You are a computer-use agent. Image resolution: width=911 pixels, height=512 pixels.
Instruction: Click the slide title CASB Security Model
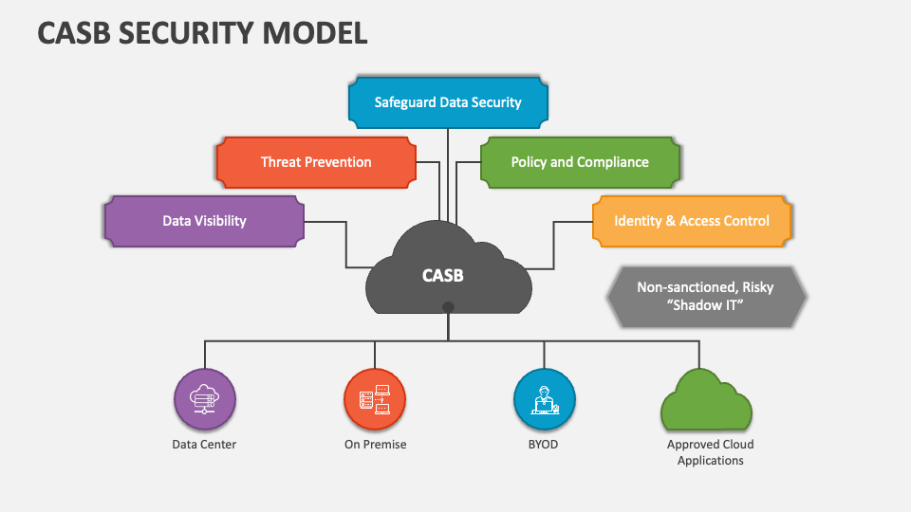tap(202, 33)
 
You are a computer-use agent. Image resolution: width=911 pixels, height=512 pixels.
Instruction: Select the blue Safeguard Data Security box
tap(448, 102)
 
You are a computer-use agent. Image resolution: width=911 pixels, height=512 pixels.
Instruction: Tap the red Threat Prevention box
tap(316, 162)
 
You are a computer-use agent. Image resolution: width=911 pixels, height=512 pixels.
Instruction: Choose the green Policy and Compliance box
tap(580, 162)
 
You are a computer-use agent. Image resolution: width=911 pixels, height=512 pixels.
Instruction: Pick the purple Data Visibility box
tap(204, 221)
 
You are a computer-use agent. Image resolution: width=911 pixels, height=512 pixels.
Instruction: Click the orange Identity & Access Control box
tap(692, 221)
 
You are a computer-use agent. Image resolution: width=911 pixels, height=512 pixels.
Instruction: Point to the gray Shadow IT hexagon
tap(705, 297)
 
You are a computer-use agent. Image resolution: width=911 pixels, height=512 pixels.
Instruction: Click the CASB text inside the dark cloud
tap(443, 276)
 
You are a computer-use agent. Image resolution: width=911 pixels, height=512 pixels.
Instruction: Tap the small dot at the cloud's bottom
tap(448, 307)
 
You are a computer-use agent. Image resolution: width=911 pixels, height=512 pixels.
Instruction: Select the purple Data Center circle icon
tap(205, 399)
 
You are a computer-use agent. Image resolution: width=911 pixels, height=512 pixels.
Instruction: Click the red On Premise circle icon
tap(375, 399)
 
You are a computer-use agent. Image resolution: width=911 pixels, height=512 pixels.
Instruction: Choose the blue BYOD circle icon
tap(545, 399)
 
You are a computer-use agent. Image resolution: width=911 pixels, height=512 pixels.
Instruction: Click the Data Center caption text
tap(204, 444)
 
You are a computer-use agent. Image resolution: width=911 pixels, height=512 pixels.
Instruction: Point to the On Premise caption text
tap(375, 444)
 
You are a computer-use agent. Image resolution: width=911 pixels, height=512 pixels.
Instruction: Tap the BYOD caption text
tap(544, 444)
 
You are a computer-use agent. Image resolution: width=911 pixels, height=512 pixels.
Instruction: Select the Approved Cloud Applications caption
tap(710, 452)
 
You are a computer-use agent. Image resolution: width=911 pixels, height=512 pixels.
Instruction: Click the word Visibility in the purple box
tap(220, 221)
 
